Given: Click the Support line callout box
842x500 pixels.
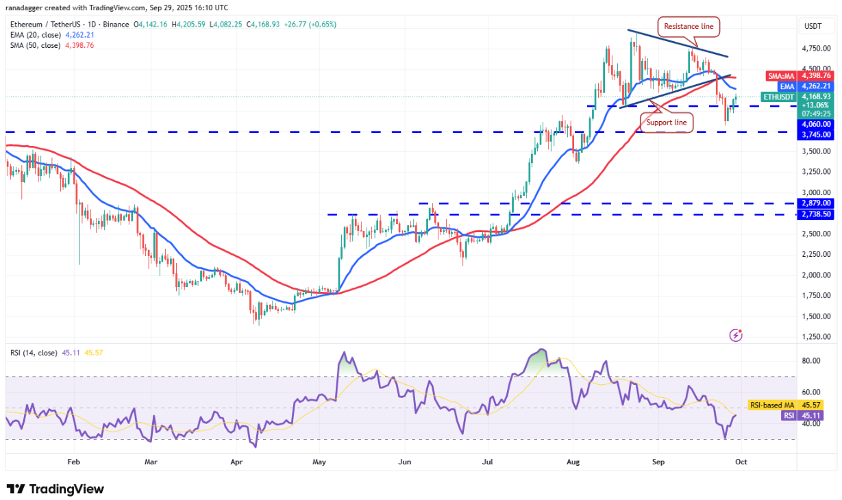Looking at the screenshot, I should coord(667,122).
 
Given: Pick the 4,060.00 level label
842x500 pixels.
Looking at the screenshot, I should coord(817,124).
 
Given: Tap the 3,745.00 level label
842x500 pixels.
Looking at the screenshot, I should coord(817,134).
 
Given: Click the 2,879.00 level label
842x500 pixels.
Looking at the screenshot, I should coord(817,203).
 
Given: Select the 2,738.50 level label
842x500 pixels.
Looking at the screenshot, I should coord(817,214).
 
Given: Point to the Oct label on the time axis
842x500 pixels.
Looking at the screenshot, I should coord(741,462).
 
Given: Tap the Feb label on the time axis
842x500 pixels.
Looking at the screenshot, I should coord(74,462).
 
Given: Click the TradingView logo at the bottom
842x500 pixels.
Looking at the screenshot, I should coord(55,489).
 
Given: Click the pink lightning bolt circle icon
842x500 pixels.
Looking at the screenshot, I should coord(736,335).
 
